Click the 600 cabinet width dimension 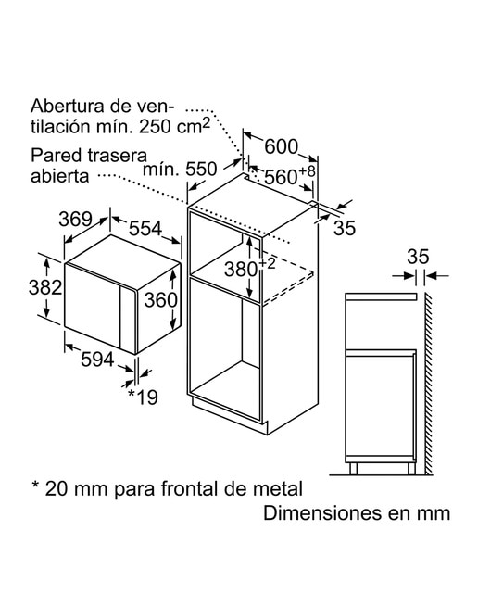pyautogui.click(x=281, y=146)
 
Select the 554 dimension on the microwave pyautogui.click(x=145, y=229)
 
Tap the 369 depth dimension pyautogui.click(x=76, y=219)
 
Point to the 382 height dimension pyautogui.click(x=45, y=287)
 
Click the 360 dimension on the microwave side pyautogui.click(x=160, y=300)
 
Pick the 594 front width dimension pyautogui.click(x=97, y=360)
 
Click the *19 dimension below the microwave pyautogui.click(x=143, y=397)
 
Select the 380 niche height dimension pyautogui.click(x=241, y=270)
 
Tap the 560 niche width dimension pyautogui.click(x=281, y=177)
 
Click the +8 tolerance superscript pyautogui.click(x=307, y=170)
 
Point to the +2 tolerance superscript pyautogui.click(x=268, y=263)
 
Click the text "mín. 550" pyautogui.click(x=180, y=169)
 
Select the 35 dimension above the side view pyautogui.click(x=419, y=257)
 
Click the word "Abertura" pyautogui.click(x=68, y=106)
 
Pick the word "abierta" pyautogui.click(x=59, y=175)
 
